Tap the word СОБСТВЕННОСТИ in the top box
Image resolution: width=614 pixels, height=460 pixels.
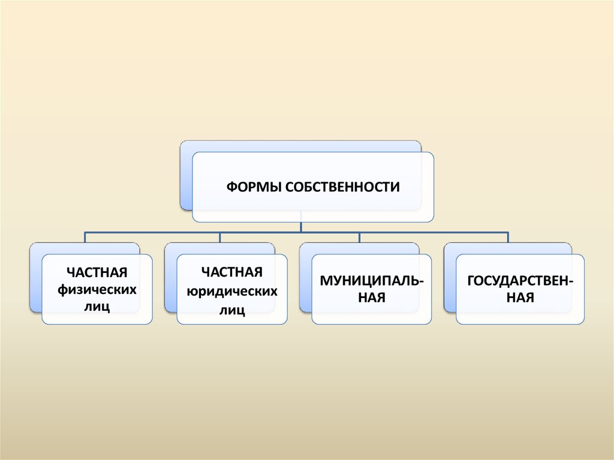[342, 187]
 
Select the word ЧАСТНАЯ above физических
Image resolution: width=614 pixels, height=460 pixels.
[97, 273]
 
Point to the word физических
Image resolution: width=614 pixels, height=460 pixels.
[97, 290]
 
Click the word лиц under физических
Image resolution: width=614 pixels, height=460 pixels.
[97, 308]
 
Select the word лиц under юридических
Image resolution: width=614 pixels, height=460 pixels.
[232, 310]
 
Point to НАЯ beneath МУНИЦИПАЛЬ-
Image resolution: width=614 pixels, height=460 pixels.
[372, 297]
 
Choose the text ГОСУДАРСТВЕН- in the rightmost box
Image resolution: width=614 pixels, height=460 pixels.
[519, 280]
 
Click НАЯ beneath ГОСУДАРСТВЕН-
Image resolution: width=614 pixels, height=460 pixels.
[519, 297]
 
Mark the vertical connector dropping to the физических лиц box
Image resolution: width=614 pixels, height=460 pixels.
[85, 237]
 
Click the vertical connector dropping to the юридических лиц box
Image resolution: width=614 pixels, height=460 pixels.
[220, 237]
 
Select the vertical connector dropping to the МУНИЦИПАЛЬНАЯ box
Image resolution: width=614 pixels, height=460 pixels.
[360, 237]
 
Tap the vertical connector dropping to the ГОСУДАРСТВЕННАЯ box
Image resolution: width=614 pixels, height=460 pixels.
[508, 237]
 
